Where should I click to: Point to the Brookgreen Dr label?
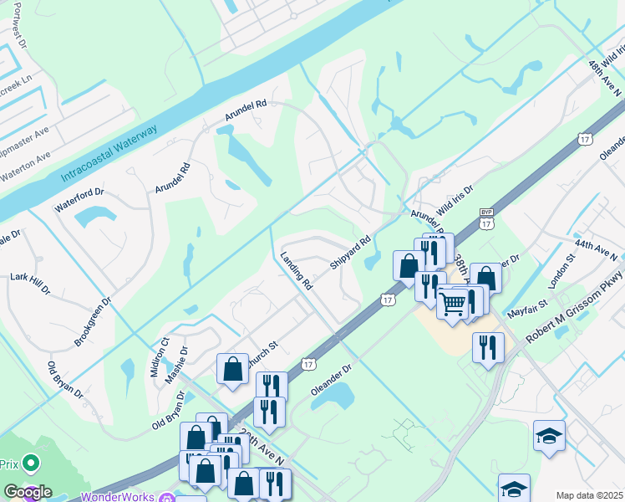[92, 322]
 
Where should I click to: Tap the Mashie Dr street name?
[175, 362]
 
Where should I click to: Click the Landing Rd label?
[296, 271]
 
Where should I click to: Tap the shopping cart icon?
[453, 303]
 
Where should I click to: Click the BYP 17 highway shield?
[487, 219]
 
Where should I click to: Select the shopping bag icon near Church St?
[233, 369]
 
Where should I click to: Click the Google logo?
[27, 491]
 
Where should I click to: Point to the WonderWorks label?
[119, 496]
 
